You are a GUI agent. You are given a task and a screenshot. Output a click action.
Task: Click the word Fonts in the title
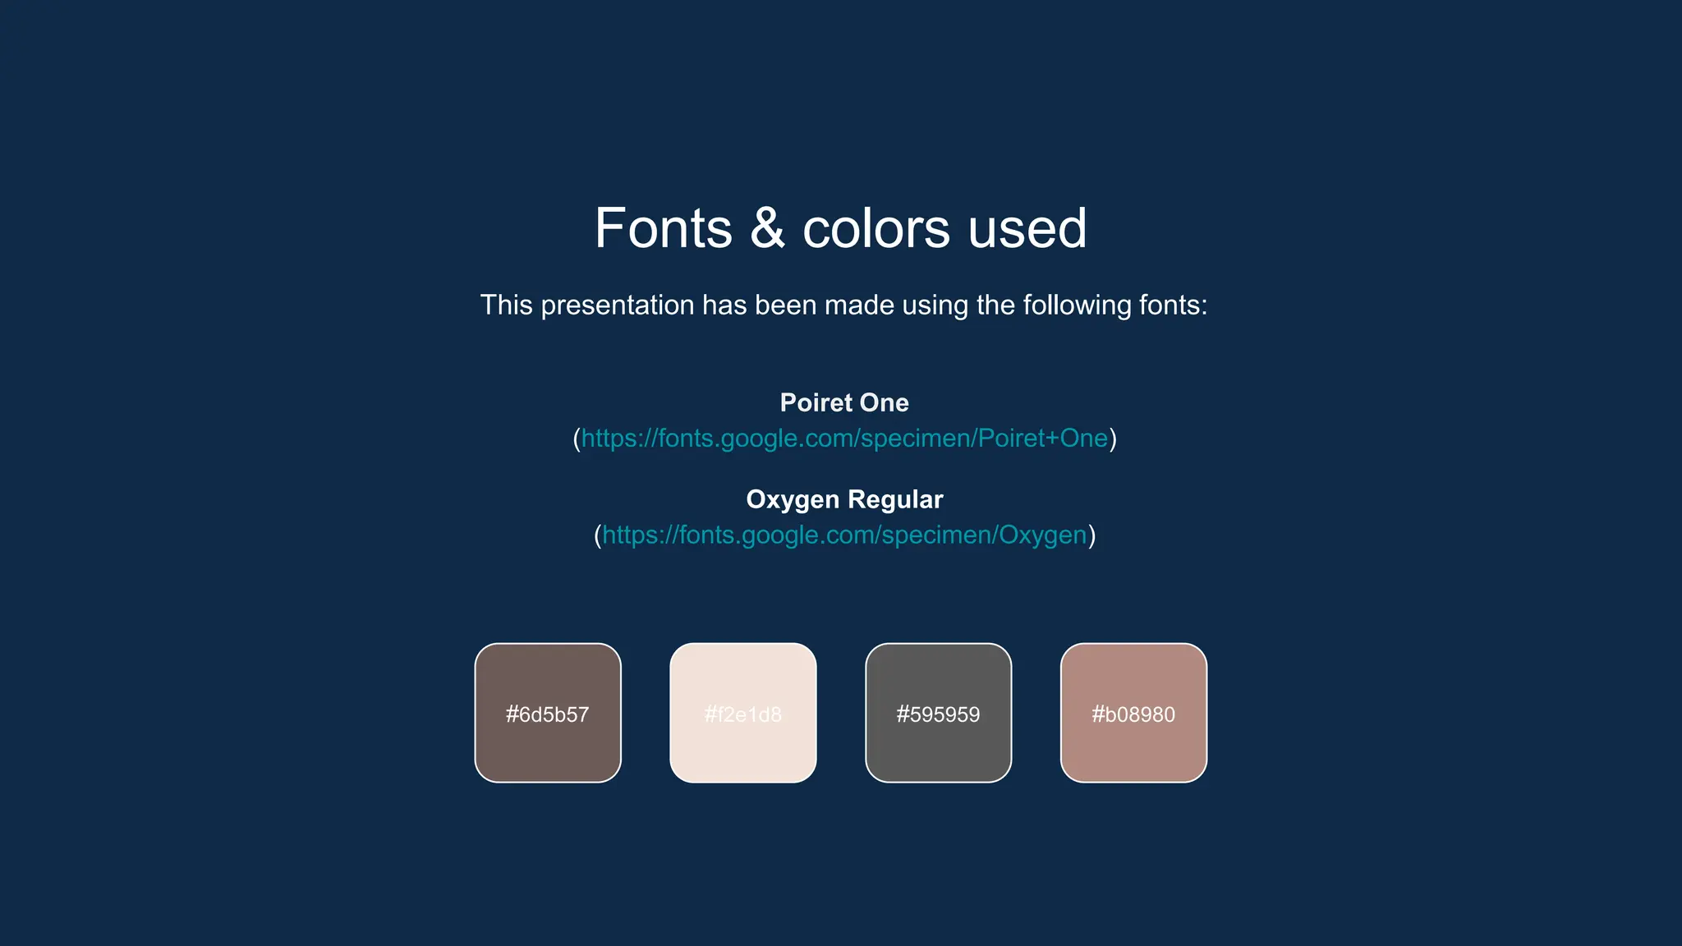click(x=663, y=228)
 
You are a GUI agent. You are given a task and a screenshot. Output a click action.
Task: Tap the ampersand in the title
click(x=767, y=228)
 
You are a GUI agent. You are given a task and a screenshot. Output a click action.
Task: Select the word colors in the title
click(x=875, y=228)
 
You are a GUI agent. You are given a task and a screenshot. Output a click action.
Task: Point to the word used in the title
click(x=1027, y=228)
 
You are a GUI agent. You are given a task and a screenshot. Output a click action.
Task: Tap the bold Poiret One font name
click(x=844, y=402)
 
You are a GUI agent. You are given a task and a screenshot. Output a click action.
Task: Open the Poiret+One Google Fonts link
click(x=844, y=439)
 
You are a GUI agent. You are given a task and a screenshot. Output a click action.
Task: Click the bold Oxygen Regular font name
click(x=844, y=499)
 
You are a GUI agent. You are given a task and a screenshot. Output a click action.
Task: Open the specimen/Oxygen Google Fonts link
click(x=844, y=535)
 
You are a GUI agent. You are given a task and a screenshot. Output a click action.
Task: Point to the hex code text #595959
click(x=939, y=714)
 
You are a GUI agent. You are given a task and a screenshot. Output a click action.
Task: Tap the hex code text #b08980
click(x=1133, y=714)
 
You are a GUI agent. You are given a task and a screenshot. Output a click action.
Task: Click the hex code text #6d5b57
click(x=547, y=714)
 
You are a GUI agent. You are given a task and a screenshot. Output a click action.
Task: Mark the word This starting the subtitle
click(x=507, y=305)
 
